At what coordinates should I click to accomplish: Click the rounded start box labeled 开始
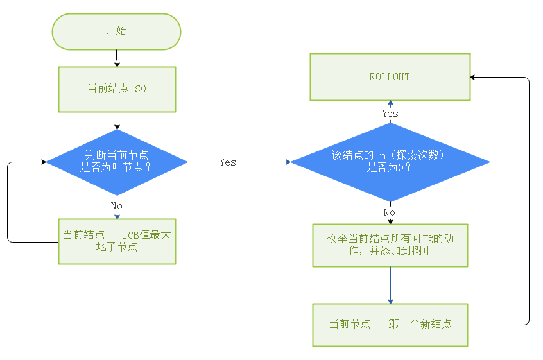(116, 31)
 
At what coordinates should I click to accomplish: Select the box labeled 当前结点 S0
(116, 89)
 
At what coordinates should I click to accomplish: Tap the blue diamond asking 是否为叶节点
(116, 162)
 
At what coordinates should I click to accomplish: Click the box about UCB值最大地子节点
(116, 241)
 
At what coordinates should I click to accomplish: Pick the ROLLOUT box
(390, 77)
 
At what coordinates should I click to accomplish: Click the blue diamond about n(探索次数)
(390, 162)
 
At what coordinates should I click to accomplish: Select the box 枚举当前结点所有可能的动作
(390, 244)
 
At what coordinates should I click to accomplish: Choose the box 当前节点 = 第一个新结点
(390, 324)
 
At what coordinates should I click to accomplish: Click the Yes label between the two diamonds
(228, 162)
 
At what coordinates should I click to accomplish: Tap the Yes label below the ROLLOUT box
(390, 114)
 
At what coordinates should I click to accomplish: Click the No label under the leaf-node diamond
(116, 206)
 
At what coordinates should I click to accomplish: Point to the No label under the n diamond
(390, 212)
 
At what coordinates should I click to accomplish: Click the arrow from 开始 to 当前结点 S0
(116, 58)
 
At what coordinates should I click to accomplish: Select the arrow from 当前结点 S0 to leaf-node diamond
(116, 121)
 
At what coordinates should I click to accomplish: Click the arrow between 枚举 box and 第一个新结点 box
(390, 286)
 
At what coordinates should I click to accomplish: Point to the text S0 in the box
(140, 89)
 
